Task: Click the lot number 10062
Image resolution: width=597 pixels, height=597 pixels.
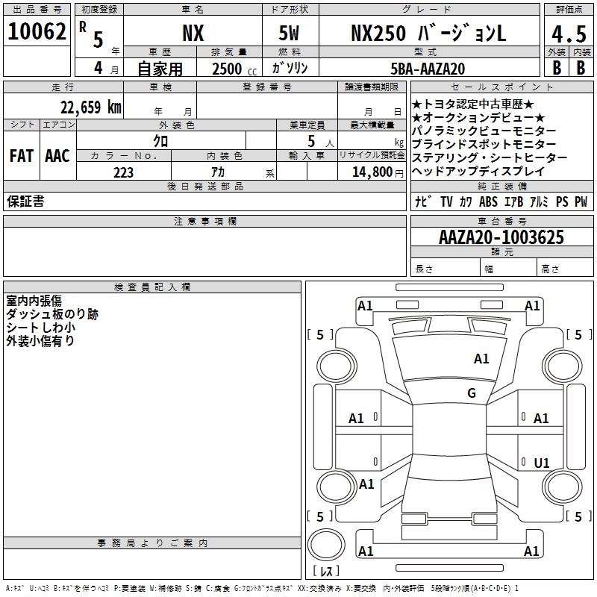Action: click(x=37, y=31)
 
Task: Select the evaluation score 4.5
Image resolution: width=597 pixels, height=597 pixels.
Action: click(x=569, y=34)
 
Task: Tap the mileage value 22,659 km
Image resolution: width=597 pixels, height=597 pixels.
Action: click(x=91, y=107)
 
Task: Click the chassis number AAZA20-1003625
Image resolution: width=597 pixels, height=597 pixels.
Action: click(x=501, y=237)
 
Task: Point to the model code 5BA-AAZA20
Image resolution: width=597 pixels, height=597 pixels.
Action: click(x=428, y=69)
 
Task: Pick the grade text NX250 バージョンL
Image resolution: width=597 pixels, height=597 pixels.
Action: click(x=428, y=33)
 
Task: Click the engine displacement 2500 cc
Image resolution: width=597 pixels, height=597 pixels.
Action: click(x=234, y=69)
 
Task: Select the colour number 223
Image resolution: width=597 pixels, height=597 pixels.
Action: click(x=123, y=172)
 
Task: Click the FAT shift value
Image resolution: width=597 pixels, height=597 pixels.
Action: click(x=22, y=156)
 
